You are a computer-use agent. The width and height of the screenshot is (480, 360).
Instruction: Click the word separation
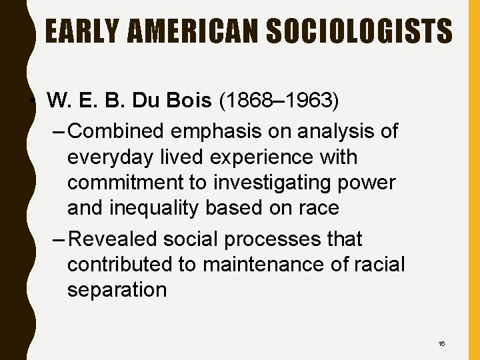[x=117, y=290]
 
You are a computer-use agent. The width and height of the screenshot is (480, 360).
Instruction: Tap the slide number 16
[x=442, y=343]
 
